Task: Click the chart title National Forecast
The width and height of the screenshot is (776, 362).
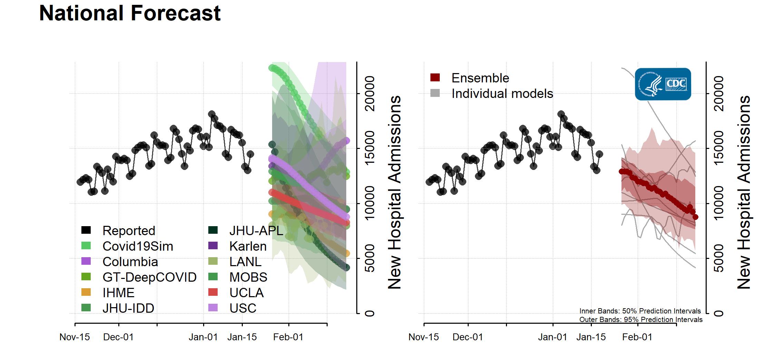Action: pos(130,13)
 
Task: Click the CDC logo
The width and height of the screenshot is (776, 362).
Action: pos(663,84)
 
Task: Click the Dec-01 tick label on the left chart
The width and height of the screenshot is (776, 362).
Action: pos(118,337)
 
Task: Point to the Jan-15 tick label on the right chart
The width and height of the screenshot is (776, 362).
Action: pos(591,337)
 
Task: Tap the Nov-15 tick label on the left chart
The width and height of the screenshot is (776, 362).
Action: pos(75,337)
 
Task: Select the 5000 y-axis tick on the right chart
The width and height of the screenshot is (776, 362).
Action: pos(718,258)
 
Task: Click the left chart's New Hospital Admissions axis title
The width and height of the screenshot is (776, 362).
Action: pos(395,192)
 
